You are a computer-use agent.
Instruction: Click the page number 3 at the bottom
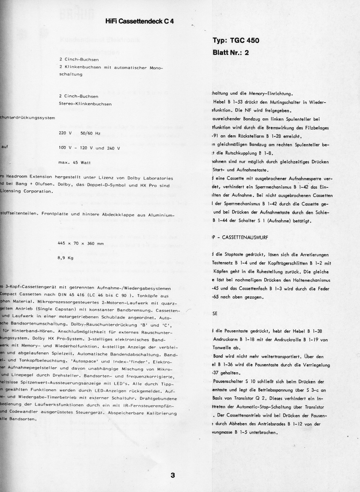[x=173, y=475]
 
